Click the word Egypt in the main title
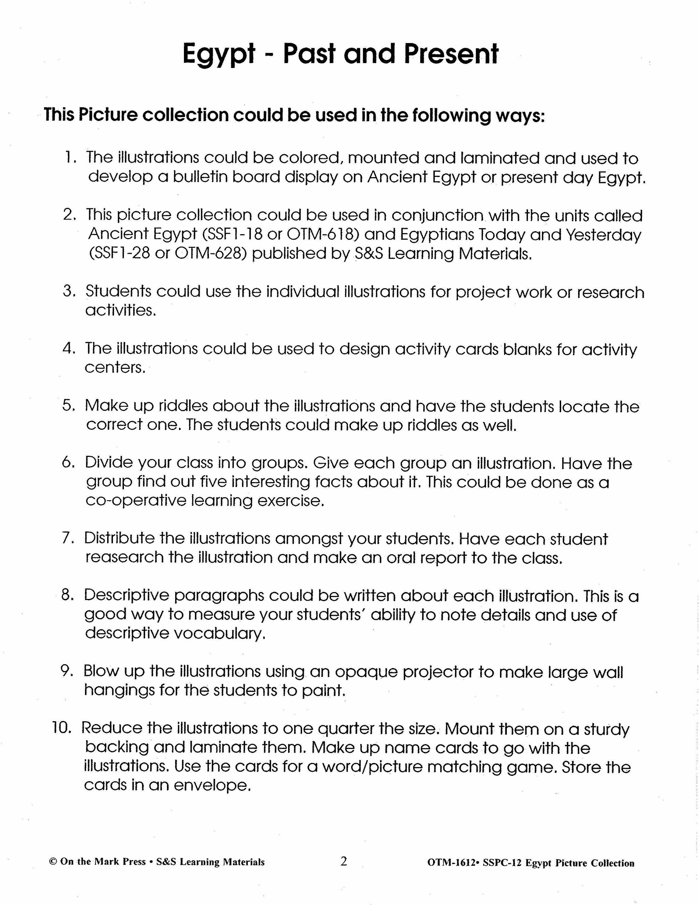point(218,55)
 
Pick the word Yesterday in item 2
point(603,235)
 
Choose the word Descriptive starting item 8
point(127,596)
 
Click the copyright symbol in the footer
point(53,862)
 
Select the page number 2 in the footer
point(344,861)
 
